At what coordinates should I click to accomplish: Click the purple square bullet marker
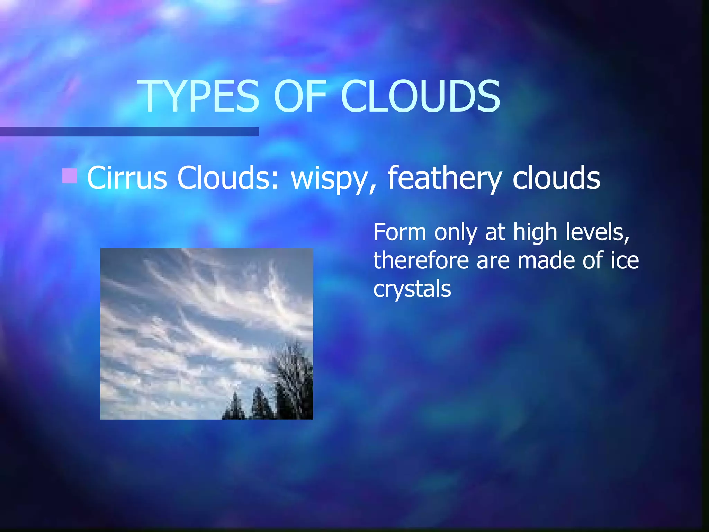tap(69, 176)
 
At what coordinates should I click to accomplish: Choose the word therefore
tap(421, 260)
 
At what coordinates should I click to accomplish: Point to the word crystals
tap(412, 290)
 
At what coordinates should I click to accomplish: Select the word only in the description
tap(455, 233)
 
